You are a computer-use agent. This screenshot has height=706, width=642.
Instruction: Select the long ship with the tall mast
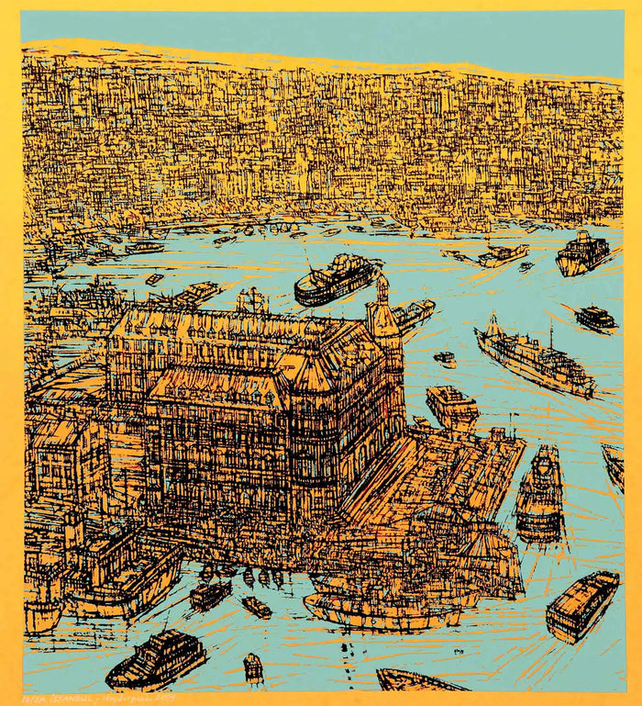(x=534, y=357)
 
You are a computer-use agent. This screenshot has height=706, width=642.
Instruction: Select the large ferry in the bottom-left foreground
(x=156, y=657)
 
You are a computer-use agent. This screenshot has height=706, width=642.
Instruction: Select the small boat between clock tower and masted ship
(x=445, y=359)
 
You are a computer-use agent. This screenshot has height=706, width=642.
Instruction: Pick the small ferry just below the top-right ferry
(x=596, y=318)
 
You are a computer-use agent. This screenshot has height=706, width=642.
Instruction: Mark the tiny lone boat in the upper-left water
(x=154, y=278)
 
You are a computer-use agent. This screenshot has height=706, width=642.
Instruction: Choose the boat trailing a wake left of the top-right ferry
(x=500, y=255)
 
